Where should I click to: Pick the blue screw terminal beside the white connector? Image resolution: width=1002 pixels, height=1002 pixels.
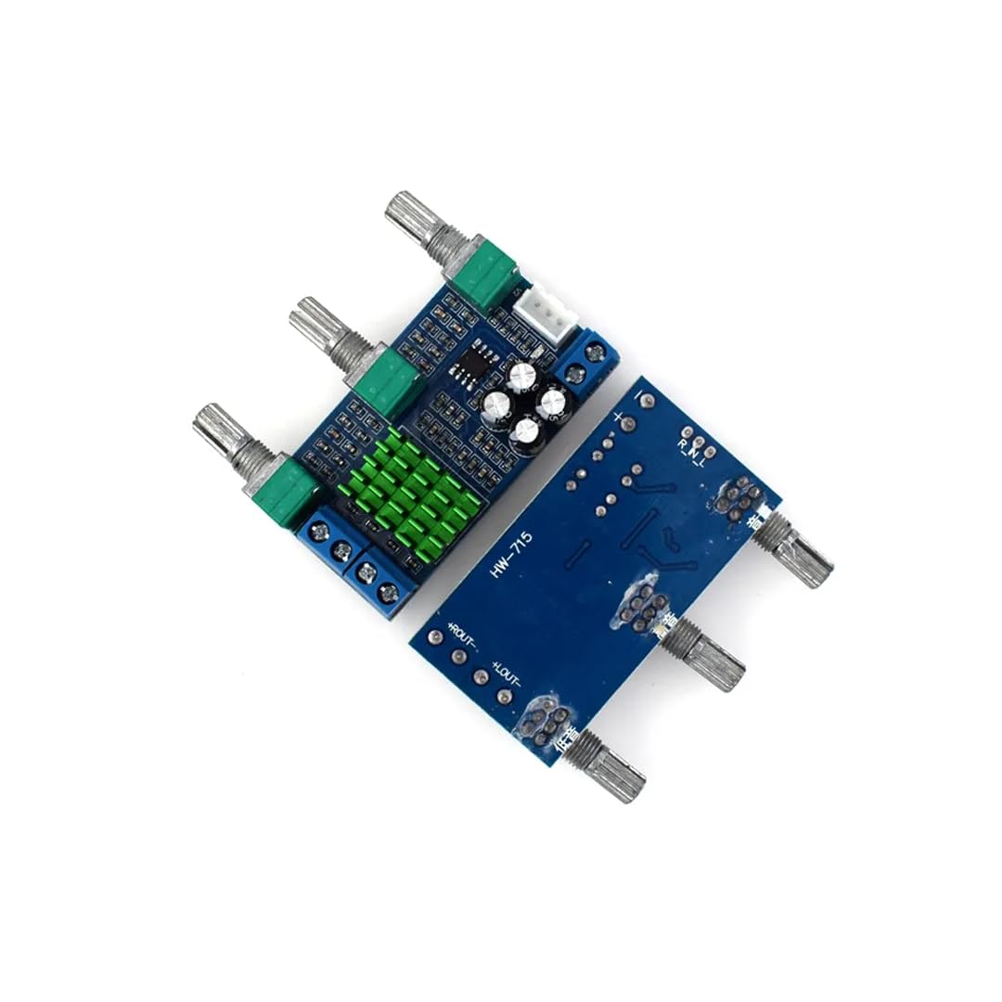587,361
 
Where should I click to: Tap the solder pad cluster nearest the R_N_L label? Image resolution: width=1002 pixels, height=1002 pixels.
740,498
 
